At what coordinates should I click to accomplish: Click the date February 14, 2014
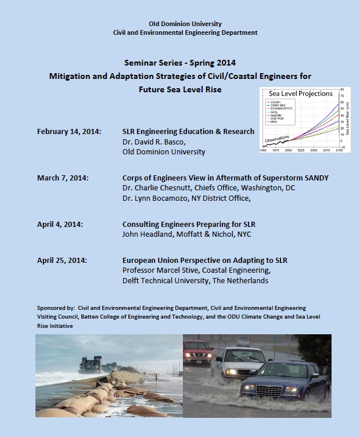pos(69,132)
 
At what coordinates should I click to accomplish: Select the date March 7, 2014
pos(63,178)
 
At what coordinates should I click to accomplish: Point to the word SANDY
pos(314,178)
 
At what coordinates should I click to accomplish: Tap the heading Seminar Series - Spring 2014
pos(179,62)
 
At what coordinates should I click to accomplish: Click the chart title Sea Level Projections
pos(300,93)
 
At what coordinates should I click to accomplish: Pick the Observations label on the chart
pos(276,139)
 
